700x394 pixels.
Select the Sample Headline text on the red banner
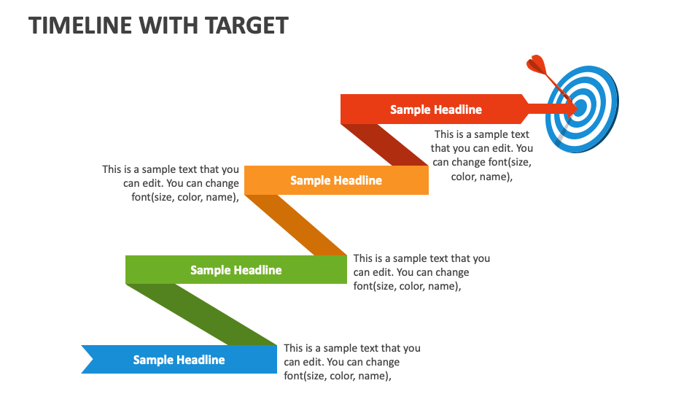[435, 109]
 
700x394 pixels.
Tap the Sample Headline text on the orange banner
[335, 180]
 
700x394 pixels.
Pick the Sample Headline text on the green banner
[236, 270]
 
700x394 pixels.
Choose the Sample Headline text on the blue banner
[179, 360]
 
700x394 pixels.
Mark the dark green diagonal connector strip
[201, 314]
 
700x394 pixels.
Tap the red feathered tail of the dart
[537, 65]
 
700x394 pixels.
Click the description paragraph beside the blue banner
[352, 362]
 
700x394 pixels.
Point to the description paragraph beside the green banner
[421, 272]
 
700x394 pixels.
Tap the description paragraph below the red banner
[482, 155]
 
